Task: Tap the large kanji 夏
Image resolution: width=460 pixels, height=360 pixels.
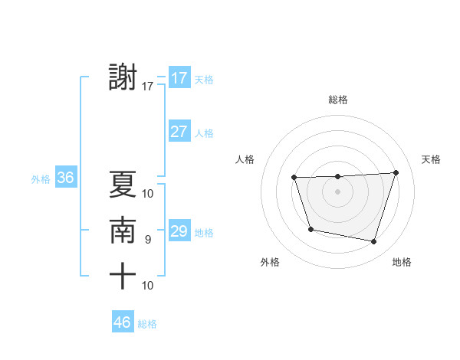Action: click(123, 185)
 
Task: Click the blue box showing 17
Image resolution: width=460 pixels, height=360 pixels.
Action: click(179, 77)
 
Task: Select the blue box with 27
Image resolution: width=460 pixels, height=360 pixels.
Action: click(179, 131)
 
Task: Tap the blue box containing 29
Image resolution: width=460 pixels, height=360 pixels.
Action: click(179, 231)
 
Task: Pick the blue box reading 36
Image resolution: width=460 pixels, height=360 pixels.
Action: click(65, 178)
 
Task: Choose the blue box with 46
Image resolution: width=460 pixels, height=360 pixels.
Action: click(123, 322)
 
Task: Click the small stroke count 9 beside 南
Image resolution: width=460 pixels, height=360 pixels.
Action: click(148, 240)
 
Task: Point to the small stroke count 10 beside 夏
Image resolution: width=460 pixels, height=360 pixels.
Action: click(148, 194)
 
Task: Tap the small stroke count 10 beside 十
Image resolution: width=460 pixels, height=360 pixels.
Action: click(148, 286)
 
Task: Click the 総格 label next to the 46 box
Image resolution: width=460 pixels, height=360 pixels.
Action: click(147, 324)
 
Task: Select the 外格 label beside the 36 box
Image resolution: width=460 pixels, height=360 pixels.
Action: click(41, 179)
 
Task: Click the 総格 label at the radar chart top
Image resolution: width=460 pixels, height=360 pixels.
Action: click(338, 100)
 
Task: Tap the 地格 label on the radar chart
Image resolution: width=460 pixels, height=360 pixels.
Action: click(402, 262)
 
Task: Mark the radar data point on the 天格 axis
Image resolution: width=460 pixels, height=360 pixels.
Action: click(396, 173)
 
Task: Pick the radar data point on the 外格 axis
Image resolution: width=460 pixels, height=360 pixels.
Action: click(310, 229)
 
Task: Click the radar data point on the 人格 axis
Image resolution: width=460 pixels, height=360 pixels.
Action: click(294, 178)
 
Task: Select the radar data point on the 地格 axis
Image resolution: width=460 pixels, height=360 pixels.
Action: click(373, 241)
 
